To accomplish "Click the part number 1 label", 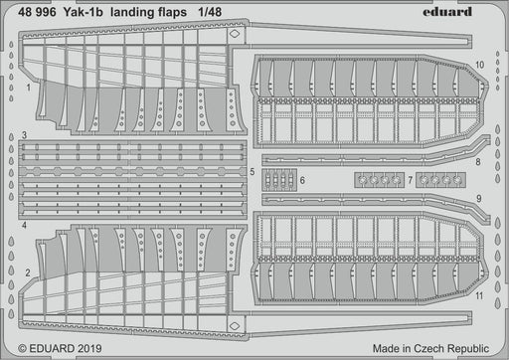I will (x=29, y=87).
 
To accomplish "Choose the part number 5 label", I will (x=254, y=172).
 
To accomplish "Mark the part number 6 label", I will (x=302, y=179).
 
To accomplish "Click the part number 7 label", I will (x=409, y=179).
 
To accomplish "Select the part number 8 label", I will (x=478, y=161).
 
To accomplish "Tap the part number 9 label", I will (x=478, y=198).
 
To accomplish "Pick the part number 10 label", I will (x=480, y=65).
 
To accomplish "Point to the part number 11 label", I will (x=480, y=296).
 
